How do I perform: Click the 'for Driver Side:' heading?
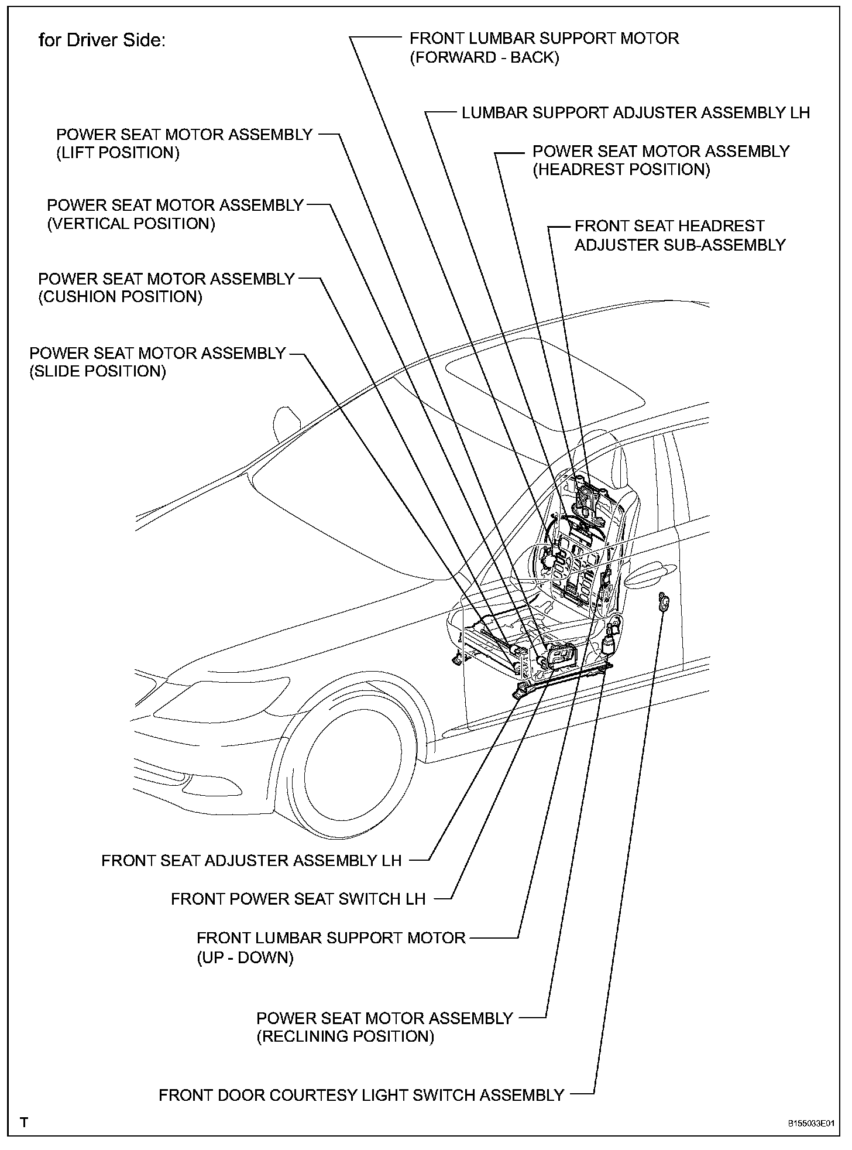pos(102,40)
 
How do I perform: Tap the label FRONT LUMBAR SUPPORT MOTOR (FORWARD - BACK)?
pos(544,48)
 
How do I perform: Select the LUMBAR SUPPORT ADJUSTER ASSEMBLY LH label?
pos(635,113)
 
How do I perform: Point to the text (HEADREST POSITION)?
pos(621,170)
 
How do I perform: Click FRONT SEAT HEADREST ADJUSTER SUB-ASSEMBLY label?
pos(679,235)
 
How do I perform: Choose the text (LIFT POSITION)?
pos(118,153)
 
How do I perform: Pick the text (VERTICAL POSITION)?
pos(131,224)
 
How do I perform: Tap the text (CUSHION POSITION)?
pos(120,297)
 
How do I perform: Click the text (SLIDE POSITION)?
pos(98,371)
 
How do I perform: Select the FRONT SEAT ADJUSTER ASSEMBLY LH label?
pos(252,861)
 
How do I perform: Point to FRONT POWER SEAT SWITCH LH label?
pos(298,899)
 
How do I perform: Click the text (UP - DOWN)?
pos(245,958)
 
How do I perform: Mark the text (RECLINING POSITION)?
pos(345,1037)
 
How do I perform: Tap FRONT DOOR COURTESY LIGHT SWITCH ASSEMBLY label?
pos(361,1095)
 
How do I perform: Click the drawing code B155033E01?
pos(810,1124)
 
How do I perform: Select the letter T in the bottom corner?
pos(24,1122)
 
